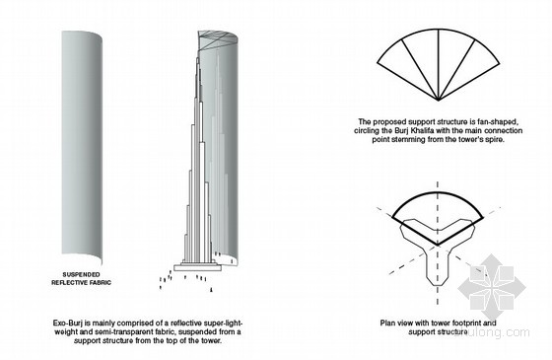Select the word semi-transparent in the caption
[x=117, y=331]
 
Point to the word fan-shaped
[x=498, y=122]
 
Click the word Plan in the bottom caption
[x=387, y=324]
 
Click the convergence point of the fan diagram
[x=439, y=101]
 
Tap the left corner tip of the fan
[x=378, y=63]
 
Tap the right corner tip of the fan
[x=499, y=63]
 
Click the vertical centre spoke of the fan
[x=439, y=65]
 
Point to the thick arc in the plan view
[x=438, y=192]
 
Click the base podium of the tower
[x=198, y=266]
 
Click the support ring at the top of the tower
[x=218, y=39]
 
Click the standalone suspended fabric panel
[x=82, y=147]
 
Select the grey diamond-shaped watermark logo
[x=493, y=287]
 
